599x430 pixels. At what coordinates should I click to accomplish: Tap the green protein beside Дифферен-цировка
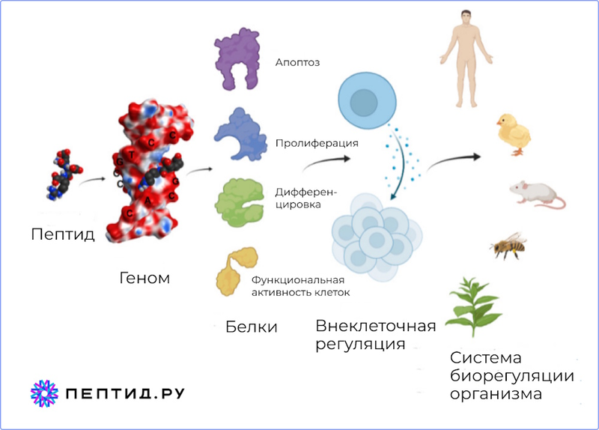239,202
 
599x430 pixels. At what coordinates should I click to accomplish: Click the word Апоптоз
297,62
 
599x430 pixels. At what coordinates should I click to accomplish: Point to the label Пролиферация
317,143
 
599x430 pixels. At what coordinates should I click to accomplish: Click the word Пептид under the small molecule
63,234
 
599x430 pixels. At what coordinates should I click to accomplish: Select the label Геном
145,278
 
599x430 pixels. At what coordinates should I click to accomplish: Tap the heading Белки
252,327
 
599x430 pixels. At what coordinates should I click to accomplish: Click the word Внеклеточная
376,326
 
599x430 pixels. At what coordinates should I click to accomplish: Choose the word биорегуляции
512,376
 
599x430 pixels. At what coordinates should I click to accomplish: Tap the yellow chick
514,135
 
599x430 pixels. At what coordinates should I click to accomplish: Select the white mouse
538,195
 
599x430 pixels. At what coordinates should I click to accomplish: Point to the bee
508,246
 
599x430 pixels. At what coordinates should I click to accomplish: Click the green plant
474,306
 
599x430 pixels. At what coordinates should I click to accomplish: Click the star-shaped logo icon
44,394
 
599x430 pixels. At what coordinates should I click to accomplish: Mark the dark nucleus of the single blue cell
364,103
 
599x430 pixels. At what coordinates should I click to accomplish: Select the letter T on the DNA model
132,155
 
